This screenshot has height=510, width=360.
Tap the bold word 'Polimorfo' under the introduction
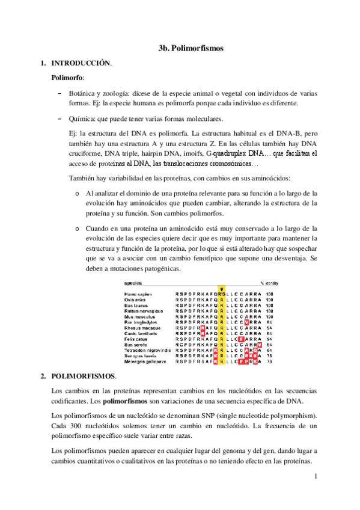67,78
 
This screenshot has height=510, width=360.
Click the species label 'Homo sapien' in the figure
138,293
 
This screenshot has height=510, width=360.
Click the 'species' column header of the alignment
133,282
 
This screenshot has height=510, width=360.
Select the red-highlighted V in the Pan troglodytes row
240,322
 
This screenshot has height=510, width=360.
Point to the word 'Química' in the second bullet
82,118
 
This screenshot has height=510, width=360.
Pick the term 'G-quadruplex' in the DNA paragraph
225,153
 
